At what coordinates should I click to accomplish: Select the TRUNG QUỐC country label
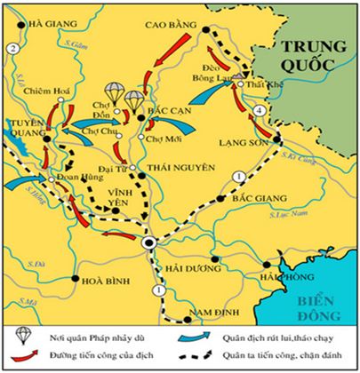tap(306, 55)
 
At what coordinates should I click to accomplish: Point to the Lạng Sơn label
tap(237, 140)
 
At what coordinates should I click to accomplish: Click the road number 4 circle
tap(259, 110)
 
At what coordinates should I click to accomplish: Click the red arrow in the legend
tap(23, 357)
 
